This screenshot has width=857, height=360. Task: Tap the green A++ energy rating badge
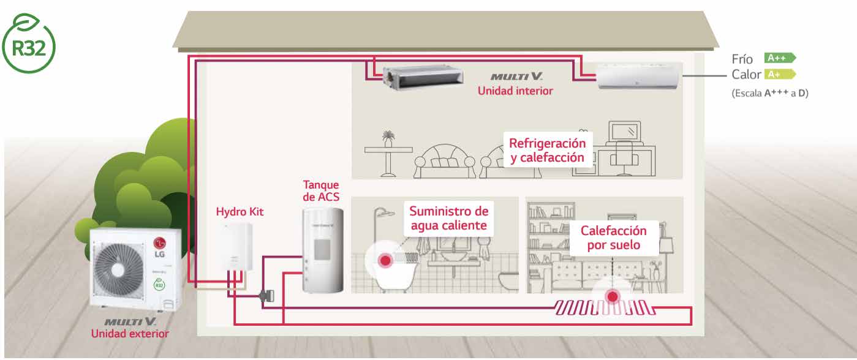click(779, 58)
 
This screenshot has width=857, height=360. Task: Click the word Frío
click(742, 59)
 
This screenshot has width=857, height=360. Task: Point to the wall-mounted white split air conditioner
click(638, 77)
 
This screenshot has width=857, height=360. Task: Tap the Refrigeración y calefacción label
click(546, 150)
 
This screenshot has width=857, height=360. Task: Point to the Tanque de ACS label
click(321, 190)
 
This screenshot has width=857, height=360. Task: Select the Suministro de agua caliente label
click(448, 219)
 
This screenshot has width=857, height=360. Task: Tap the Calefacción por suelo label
click(613, 238)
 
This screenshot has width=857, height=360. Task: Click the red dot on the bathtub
click(385, 261)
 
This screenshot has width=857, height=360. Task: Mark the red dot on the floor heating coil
click(612, 297)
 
